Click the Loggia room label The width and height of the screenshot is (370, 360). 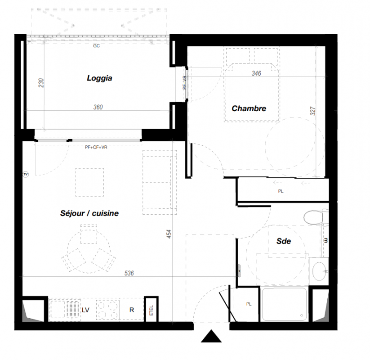click(99, 78)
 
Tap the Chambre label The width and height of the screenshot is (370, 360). click(249, 108)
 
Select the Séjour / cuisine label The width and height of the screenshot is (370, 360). click(89, 213)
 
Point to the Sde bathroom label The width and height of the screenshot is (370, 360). click(284, 241)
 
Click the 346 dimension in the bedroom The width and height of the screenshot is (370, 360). click(256, 73)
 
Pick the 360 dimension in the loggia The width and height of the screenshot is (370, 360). click(98, 107)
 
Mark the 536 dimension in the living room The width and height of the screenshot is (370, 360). click(129, 273)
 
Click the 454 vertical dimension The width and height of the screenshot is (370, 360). click(169, 234)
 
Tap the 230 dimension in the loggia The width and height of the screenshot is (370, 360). click(41, 83)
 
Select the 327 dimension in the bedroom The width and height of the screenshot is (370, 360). click(312, 111)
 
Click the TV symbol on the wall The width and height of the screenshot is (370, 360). click(26, 174)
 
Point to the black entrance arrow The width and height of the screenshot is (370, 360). click(211, 336)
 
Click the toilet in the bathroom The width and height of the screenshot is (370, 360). click(316, 217)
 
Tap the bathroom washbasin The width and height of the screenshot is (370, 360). click(319, 271)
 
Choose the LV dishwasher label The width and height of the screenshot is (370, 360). click(85, 310)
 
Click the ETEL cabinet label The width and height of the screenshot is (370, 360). click(151, 310)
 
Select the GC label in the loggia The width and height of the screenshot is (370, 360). click(96, 46)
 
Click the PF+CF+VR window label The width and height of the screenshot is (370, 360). click(96, 147)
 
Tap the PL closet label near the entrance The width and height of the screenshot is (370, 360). click(249, 304)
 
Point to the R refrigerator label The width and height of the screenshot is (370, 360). click(132, 310)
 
